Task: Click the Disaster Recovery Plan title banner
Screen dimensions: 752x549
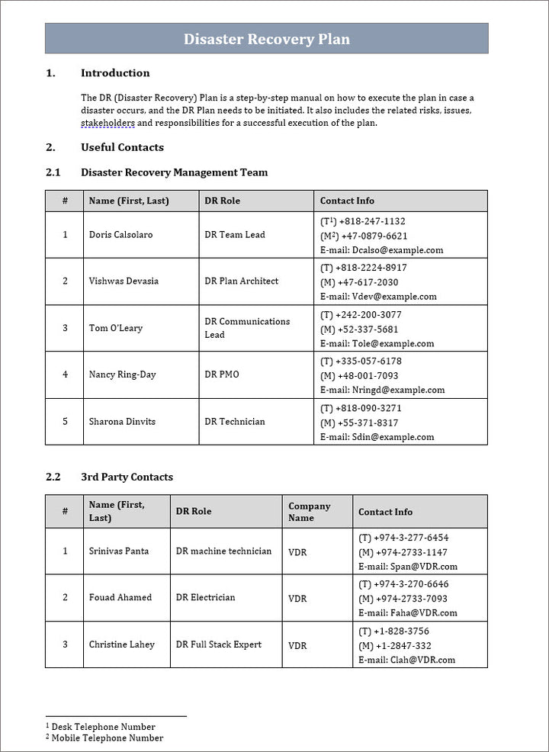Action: pyautogui.click(x=267, y=39)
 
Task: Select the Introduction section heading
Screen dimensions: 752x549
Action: pyautogui.click(x=115, y=73)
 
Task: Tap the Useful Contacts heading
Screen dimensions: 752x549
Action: pyautogui.click(x=122, y=147)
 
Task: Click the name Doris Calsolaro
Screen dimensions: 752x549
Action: pyautogui.click(x=120, y=235)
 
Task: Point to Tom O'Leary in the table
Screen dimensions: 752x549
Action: pyautogui.click(x=116, y=328)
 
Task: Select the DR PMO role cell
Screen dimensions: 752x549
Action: pyautogui.click(x=221, y=374)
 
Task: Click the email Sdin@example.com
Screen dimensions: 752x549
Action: pyautogui.click(x=393, y=437)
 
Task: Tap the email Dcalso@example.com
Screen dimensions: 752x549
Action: pyautogui.click(x=397, y=250)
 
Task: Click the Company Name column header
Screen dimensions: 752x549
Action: pyautogui.click(x=309, y=512)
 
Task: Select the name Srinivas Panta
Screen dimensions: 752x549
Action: pyautogui.click(x=119, y=551)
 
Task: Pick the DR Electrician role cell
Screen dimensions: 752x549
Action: pyautogui.click(x=205, y=598)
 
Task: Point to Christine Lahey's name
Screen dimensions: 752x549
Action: pyautogui.click(x=121, y=644)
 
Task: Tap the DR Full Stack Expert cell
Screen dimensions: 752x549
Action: pyautogui.click(x=218, y=644)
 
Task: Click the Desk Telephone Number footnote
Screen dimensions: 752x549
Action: pyautogui.click(x=103, y=727)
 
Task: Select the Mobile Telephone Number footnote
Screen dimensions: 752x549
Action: pyautogui.click(x=107, y=738)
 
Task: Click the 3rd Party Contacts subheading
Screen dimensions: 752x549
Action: pyautogui.click(x=127, y=477)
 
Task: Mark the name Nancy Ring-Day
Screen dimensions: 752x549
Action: pyautogui.click(x=123, y=374)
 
